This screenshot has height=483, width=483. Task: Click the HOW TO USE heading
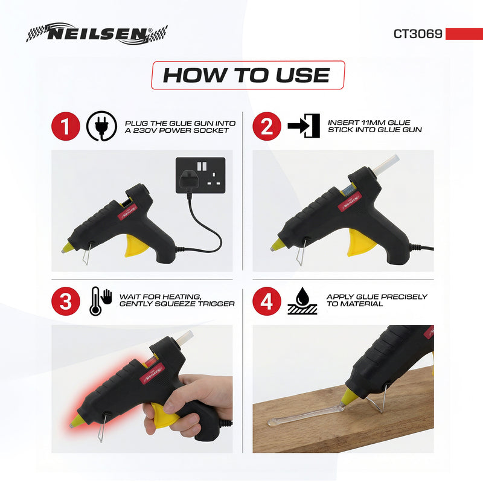click(x=247, y=75)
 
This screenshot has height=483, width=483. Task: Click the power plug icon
click(x=101, y=126)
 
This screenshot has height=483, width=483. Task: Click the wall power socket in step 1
click(x=200, y=175)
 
